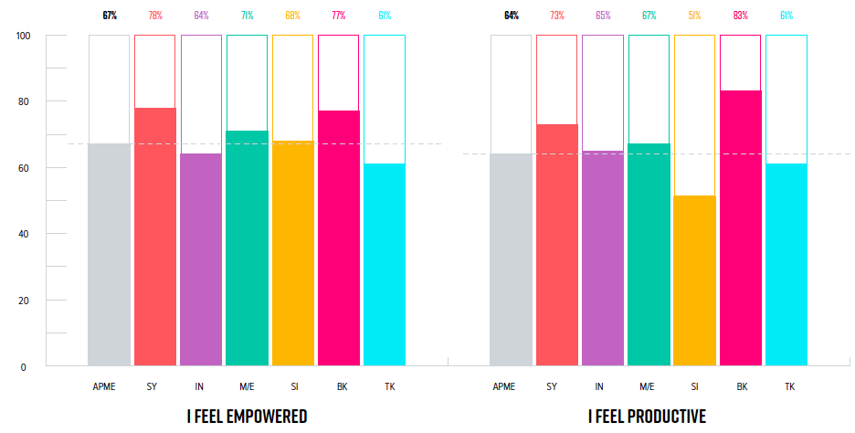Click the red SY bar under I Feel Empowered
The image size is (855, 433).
pos(154,238)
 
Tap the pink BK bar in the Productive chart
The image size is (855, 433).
pos(740,228)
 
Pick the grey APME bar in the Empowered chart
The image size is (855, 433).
pos(109,255)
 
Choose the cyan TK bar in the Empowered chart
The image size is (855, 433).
pos(384,265)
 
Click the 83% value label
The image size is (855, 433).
pos(740,16)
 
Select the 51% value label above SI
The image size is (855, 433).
pos(694,16)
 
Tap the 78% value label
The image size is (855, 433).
pos(154,16)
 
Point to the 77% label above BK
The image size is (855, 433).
pos(338,16)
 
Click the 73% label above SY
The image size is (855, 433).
pos(556,16)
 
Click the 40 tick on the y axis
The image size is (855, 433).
pos(24,234)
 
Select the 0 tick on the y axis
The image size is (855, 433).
pos(26,366)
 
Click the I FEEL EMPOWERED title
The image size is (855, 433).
pos(247,417)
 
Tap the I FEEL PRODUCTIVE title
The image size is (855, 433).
pos(647,417)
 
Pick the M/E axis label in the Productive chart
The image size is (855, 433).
pos(649,387)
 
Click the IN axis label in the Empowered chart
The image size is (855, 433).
pos(201,387)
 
